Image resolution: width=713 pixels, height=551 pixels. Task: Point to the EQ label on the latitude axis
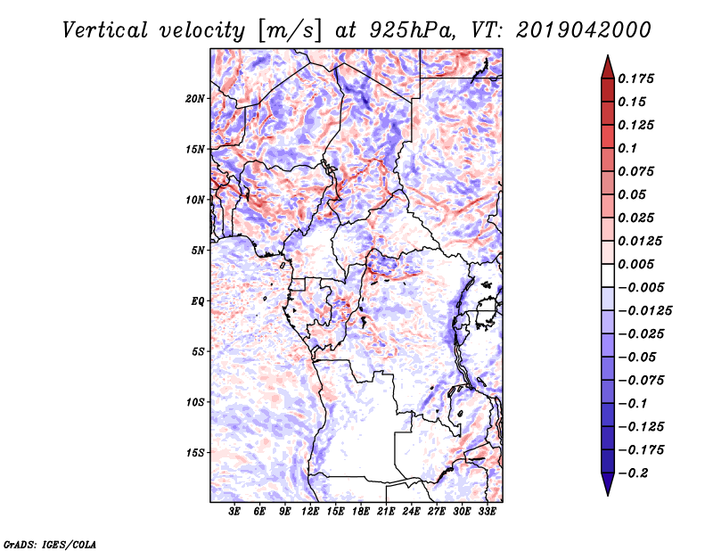198,300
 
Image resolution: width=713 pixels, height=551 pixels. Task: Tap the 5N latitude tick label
198,251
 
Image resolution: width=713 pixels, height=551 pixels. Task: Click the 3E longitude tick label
235,512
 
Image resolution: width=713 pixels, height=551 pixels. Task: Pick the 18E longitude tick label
361,512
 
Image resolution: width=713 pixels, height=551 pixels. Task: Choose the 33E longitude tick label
487,512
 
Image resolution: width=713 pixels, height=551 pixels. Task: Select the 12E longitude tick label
311,512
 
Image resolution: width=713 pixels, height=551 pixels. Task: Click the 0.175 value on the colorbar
638,78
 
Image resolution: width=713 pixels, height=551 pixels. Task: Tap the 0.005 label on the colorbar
638,264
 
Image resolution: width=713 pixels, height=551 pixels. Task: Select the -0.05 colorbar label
638,357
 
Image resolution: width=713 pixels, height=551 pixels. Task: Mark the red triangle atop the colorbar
606,65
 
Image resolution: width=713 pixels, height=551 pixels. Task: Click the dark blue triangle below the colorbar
606,486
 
